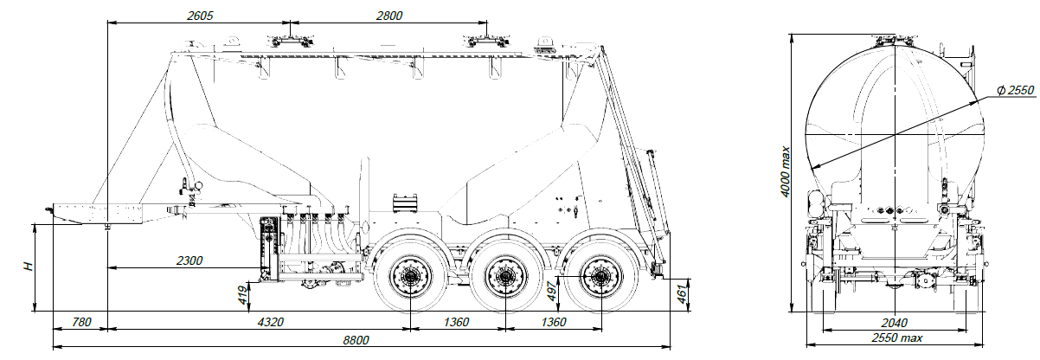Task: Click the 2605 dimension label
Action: click(x=199, y=16)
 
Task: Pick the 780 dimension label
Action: click(x=80, y=322)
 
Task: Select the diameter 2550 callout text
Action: click(x=1013, y=92)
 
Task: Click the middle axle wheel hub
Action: click(x=504, y=278)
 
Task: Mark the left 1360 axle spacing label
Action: click(x=457, y=322)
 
